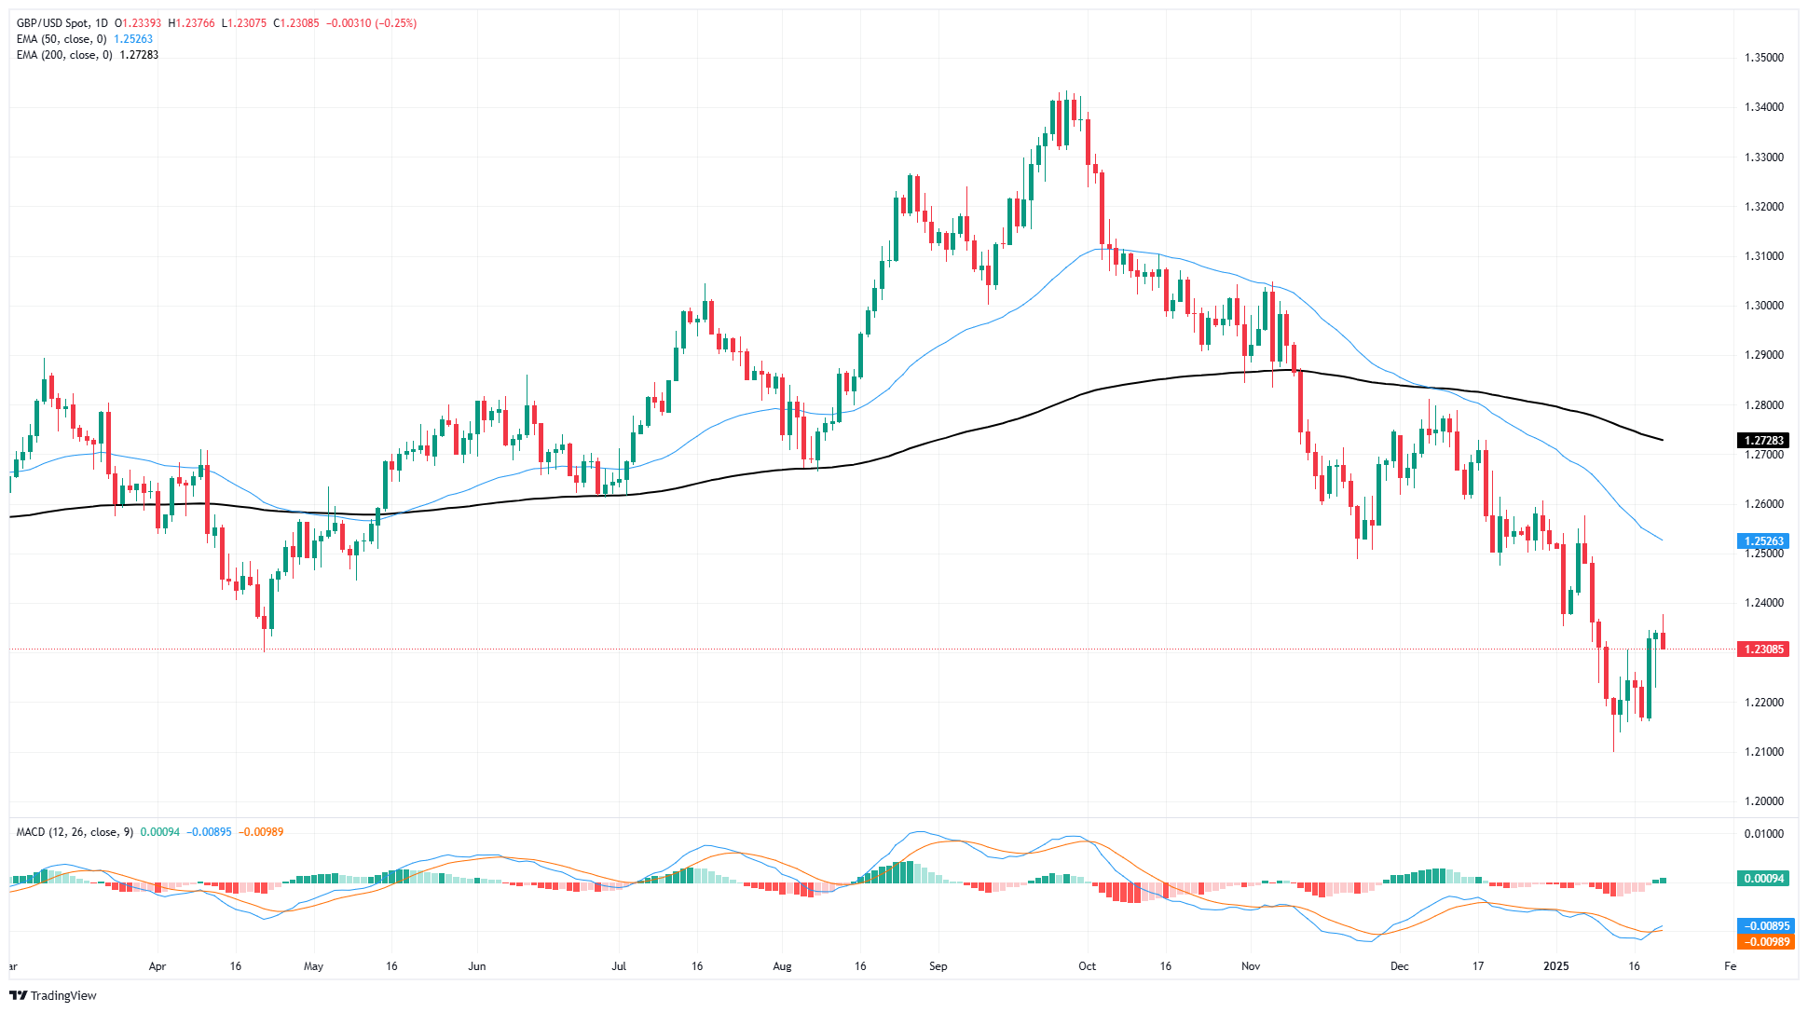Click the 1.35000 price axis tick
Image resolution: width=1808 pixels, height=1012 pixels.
[x=1763, y=58]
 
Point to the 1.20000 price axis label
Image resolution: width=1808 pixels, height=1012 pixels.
[x=1763, y=801]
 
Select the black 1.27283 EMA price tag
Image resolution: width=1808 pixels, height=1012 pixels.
[x=1762, y=441]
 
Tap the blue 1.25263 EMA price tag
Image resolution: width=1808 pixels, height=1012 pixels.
[x=1762, y=541]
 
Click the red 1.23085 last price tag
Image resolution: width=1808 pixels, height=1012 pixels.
[x=1762, y=650]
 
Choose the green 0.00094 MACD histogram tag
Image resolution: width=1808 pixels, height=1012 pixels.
[x=1762, y=879]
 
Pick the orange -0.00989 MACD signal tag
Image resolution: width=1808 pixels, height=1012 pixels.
[x=1764, y=942]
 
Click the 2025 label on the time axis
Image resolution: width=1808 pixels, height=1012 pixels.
[x=1556, y=966]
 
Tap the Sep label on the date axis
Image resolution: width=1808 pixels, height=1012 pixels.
[x=938, y=966]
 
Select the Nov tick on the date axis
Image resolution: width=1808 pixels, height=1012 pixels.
[x=1251, y=966]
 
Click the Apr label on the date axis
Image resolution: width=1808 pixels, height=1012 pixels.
[x=158, y=966]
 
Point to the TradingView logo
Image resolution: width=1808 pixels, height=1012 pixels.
[x=53, y=995]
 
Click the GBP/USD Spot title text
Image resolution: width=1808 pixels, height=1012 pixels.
[x=55, y=23]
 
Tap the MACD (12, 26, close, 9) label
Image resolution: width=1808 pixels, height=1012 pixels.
[x=75, y=832]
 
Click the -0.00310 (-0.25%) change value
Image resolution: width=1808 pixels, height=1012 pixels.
[x=371, y=23]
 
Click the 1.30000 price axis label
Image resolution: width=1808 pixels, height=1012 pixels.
[x=1763, y=306]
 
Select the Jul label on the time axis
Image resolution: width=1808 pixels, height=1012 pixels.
[x=619, y=966]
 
